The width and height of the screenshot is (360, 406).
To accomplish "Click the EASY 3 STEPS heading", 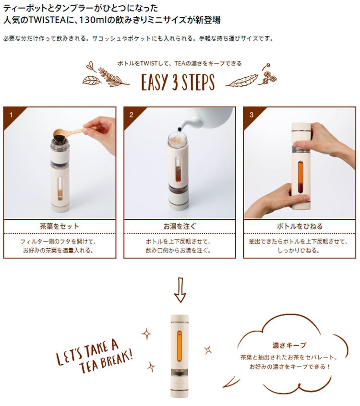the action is tap(178, 83).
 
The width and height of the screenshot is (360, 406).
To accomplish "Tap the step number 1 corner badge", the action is tap(12, 116).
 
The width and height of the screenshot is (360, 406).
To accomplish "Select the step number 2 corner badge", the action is tap(132, 116).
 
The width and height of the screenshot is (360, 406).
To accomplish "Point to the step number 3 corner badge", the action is tap(252, 116).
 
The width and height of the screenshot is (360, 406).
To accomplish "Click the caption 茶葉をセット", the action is tap(60, 227).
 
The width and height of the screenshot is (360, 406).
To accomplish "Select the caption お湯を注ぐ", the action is tap(180, 227).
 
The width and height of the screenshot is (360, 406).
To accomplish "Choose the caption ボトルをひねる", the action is tap(300, 227).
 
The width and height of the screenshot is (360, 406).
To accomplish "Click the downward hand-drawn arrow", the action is tap(180, 290).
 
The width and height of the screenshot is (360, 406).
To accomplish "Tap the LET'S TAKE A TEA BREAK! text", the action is tap(94, 356).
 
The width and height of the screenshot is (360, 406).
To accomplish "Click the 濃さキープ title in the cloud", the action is tap(289, 346).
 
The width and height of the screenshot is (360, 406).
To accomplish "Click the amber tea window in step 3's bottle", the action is tap(300, 177).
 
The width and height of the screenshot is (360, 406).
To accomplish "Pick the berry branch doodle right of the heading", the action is tap(267, 74).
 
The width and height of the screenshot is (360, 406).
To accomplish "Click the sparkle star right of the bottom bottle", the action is tap(208, 350).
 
